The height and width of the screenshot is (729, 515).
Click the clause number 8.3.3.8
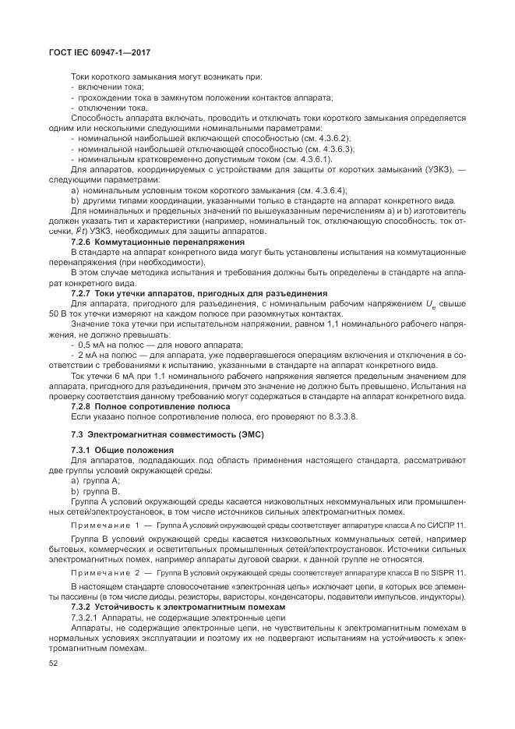[339, 416]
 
